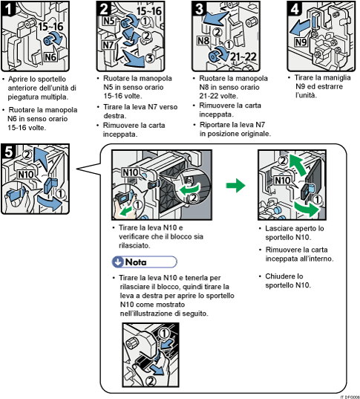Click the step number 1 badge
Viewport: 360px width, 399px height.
point(9,10)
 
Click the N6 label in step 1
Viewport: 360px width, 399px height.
point(50,56)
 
